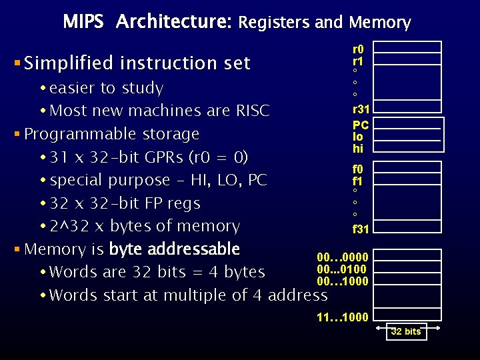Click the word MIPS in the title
(83, 22)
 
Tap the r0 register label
(358, 49)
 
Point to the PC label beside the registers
(361, 125)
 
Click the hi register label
(358, 148)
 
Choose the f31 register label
(361, 229)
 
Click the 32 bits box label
(406, 331)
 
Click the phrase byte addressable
(174, 249)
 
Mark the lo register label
(358, 137)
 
